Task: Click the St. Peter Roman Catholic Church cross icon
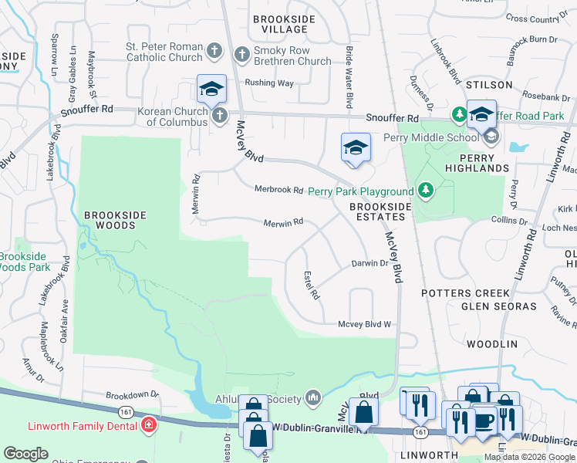[x=215, y=52]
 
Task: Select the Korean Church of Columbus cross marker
[x=220, y=117]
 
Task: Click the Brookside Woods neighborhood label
[x=110, y=220]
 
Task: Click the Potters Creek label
[x=465, y=293]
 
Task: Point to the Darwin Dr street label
[x=369, y=263]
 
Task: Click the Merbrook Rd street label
[x=278, y=190]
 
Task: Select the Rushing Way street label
[x=269, y=83]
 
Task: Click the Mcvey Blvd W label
[x=365, y=325]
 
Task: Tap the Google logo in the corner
[x=25, y=454]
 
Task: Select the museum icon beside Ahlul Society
[x=312, y=397]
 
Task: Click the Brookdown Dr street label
[x=132, y=394]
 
